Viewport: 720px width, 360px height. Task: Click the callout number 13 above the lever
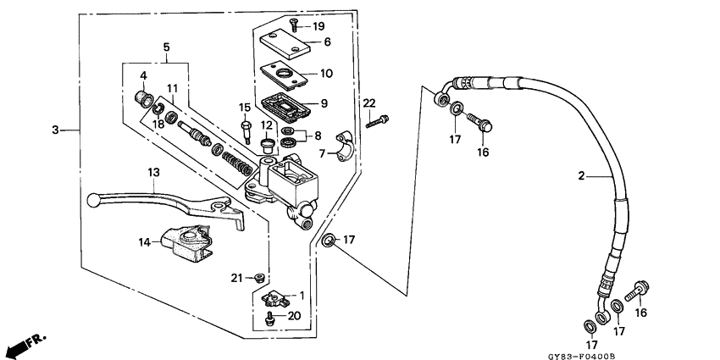pos(153,172)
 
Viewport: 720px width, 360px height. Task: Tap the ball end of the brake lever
pos(93,200)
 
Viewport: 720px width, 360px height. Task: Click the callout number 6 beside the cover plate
pos(326,42)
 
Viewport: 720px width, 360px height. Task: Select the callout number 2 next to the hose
pos(582,176)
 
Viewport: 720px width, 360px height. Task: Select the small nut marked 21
pos(261,277)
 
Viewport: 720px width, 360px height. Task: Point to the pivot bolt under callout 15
pos(246,130)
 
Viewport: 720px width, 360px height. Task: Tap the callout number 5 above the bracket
pos(166,47)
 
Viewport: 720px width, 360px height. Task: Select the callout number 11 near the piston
pos(172,88)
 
